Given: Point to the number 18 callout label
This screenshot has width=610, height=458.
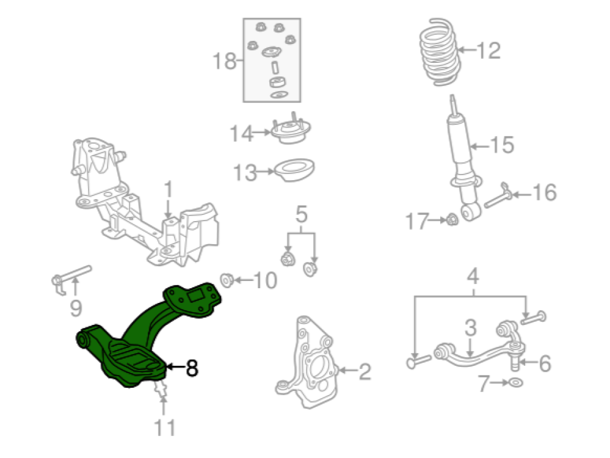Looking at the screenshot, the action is pos(225,60).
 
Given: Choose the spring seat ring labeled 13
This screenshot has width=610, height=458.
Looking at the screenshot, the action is pos(294,170).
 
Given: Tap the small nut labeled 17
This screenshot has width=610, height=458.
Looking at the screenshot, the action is pos(452,220).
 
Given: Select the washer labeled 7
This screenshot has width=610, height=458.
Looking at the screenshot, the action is pos(516,382).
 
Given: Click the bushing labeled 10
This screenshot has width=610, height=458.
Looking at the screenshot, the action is pos(227,280).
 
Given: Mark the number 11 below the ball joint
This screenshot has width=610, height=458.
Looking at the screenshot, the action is pos(165,427).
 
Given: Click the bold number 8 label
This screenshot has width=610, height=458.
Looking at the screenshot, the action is pos(192,368).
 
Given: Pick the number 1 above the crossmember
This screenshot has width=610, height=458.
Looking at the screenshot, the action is pos(168,189).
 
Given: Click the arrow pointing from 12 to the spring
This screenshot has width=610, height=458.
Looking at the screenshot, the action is pos(467,50).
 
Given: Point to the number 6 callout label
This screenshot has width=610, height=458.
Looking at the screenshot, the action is pos(545,363).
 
